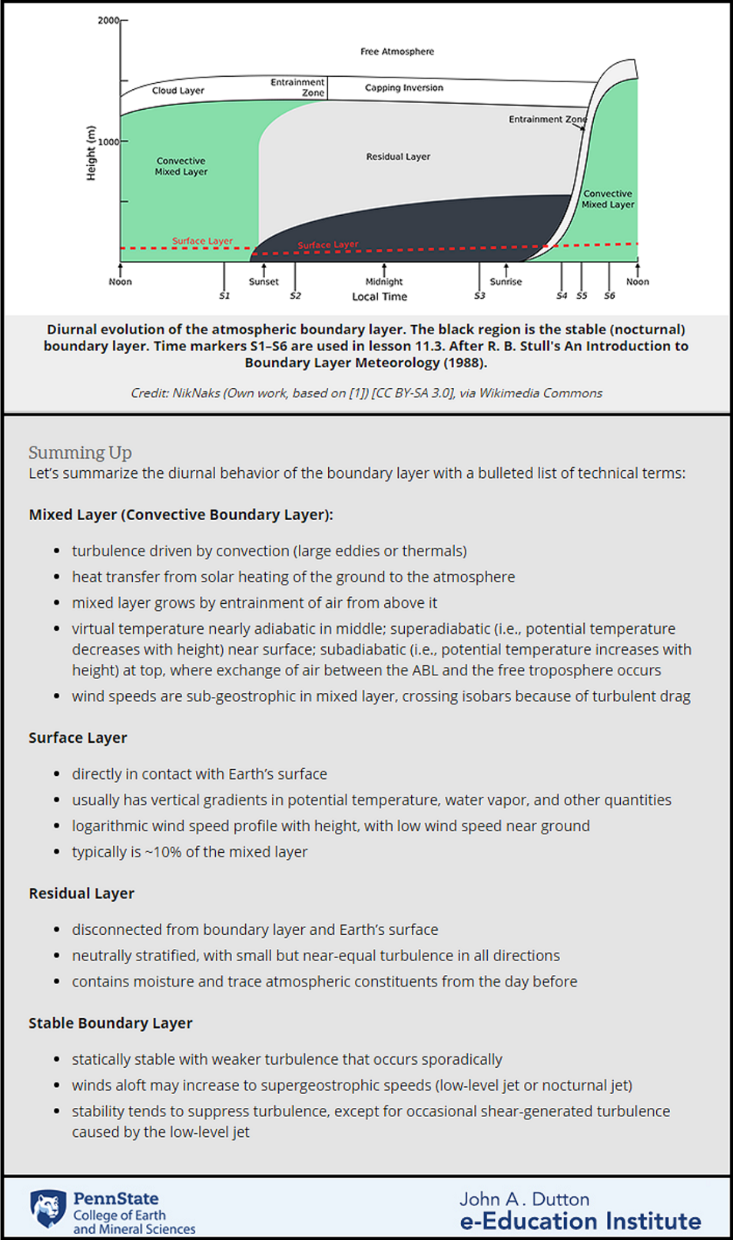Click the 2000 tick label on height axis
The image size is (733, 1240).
tap(108, 20)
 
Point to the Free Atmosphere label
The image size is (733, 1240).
tap(397, 51)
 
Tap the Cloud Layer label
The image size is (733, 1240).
tap(177, 91)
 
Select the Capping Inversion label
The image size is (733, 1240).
tap(403, 88)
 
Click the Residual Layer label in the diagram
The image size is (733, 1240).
tap(398, 157)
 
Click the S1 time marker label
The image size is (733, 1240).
tap(224, 296)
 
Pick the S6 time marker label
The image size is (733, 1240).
tap(609, 296)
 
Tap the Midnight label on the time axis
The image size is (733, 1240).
tap(384, 282)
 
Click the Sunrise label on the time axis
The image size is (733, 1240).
tap(506, 282)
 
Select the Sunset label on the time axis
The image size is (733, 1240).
tap(264, 282)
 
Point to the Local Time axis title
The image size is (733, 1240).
tap(380, 297)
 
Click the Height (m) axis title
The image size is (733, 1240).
tap(91, 153)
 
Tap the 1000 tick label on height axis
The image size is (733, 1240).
tap(108, 142)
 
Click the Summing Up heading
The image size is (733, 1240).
tap(80, 453)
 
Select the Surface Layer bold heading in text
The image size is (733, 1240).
tap(78, 738)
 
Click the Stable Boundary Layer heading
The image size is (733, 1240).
tap(111, 1023)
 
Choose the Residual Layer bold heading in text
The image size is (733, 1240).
tap(81, 894)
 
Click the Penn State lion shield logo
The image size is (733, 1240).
tap(48, 1209)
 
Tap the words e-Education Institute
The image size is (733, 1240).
tap(580, 1222)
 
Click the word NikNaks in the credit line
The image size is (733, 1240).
tap(196, 393)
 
